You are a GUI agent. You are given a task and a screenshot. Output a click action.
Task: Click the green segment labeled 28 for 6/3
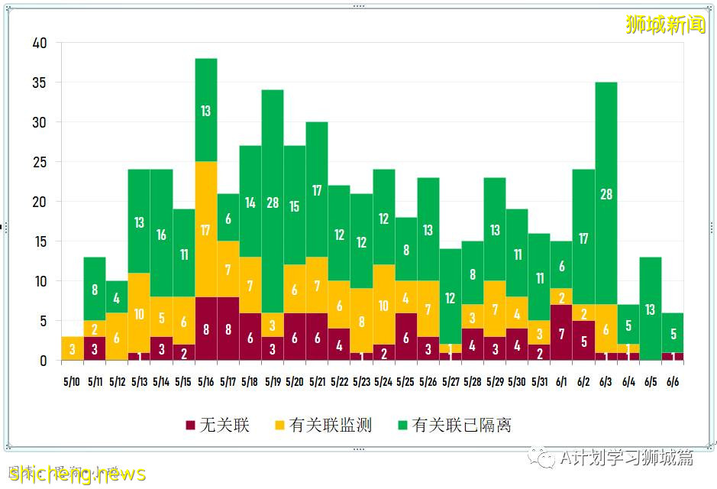tap(606, 194)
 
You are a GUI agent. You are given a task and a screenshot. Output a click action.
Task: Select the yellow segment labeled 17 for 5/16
tap(206, 229)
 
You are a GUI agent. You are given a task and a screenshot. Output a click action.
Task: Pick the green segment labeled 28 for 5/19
tap(273, 202)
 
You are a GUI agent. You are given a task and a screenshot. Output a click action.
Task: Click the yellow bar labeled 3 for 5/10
tap(73, 348)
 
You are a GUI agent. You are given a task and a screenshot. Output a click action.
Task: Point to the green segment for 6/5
tap(651, 309)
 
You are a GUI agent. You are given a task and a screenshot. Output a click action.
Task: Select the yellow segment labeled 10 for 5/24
tap(384, 305)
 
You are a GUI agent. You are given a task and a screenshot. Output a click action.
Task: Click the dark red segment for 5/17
tap(228, 329)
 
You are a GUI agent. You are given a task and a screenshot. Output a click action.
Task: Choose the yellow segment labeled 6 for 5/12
tap(117, 337)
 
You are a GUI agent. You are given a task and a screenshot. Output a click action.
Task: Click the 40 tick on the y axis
tap(40, 44)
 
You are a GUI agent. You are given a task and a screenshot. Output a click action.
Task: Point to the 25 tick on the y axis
tap(40, 162)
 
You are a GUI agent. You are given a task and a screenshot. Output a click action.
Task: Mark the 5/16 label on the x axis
tap(206, 381)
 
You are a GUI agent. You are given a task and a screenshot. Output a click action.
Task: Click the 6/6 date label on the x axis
tap(673, 381)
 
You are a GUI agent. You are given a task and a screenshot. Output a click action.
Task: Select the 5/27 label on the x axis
tap(451, 381)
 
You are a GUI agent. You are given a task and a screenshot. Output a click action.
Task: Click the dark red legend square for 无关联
tap(190, 426)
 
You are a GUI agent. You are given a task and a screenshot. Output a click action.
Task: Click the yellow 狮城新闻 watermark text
tap(665, 24)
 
